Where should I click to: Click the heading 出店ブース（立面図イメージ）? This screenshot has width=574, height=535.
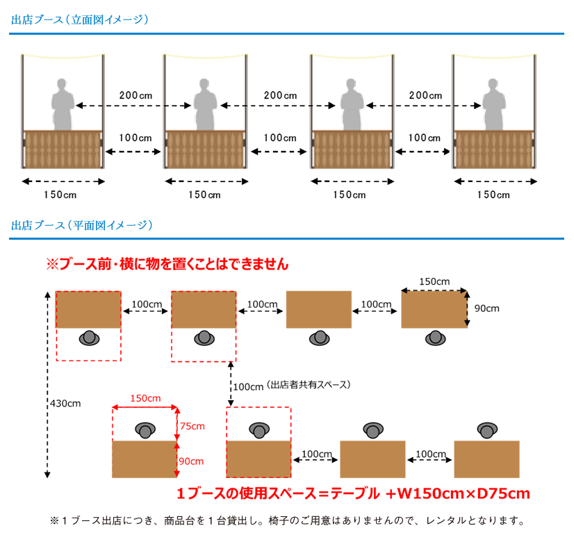(80, 19)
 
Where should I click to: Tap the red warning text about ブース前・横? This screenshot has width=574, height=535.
(167, 264)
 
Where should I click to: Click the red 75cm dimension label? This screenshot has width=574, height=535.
(192, 426)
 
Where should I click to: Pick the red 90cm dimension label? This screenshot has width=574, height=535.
(192, 461)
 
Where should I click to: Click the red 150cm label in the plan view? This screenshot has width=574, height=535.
(145, 399)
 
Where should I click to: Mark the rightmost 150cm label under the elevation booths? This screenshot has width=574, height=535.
(493, 195)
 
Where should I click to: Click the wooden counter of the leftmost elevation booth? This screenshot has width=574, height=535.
(63, 149)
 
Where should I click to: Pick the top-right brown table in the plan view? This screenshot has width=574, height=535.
(434, 309)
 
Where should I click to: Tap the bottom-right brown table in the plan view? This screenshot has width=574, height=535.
(486, 459)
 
